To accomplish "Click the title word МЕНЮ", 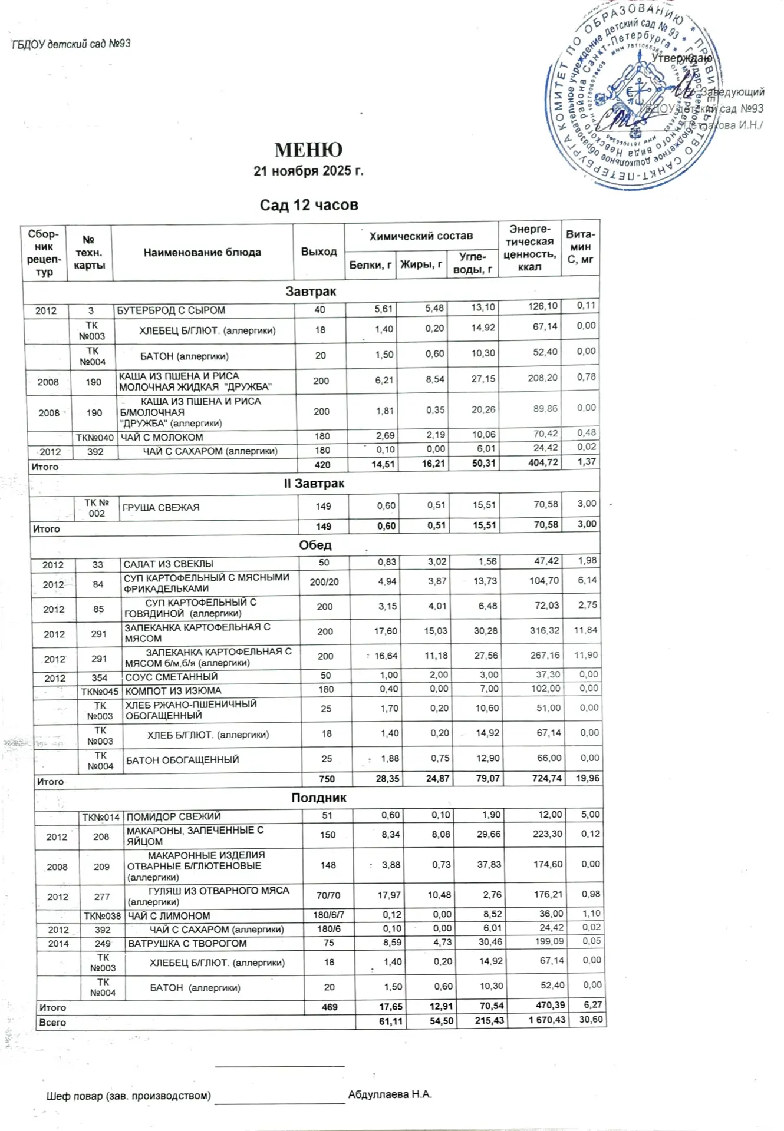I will coord(308,150).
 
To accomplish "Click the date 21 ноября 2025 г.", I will coord(308,171).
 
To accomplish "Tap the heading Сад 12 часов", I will coord(309,205).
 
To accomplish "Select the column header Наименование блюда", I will coord(202,252).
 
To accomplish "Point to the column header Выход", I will coord(319,252).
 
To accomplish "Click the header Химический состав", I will coord(421,236).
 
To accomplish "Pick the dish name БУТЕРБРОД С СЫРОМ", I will coord(171,310).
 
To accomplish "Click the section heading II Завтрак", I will coord(314,484).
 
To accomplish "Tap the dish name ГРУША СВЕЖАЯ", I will coord(161,507).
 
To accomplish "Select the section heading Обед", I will coord(315,545).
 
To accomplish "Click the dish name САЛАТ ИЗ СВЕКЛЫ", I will coord(169,564).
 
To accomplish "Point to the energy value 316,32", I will coord(544,631).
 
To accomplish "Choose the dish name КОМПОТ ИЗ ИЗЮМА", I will coord(173,690).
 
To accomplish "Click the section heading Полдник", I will coord(319,798).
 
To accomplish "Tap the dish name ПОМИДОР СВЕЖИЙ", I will coord(173,816).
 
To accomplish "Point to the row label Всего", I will coord(52,1023).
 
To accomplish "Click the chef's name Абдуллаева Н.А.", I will coord(390,1094).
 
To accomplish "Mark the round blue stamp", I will coord(630,97).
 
